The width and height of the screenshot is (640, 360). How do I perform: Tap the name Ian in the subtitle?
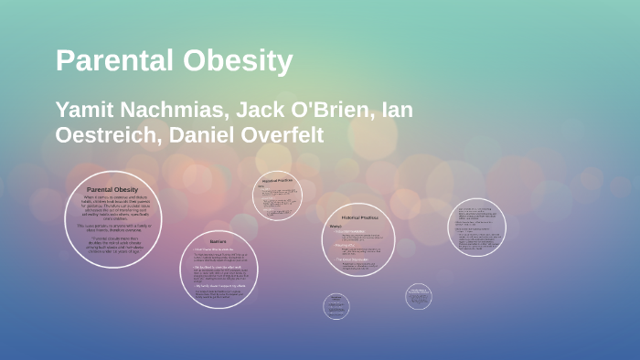395,111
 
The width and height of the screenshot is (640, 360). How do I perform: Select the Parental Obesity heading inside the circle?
112,189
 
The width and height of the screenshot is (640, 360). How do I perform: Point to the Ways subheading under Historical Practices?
336,226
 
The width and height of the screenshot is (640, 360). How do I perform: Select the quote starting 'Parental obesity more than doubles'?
112,240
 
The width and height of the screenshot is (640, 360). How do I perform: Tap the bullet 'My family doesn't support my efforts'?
219,286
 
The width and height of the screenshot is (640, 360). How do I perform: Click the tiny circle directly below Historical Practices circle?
336,305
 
